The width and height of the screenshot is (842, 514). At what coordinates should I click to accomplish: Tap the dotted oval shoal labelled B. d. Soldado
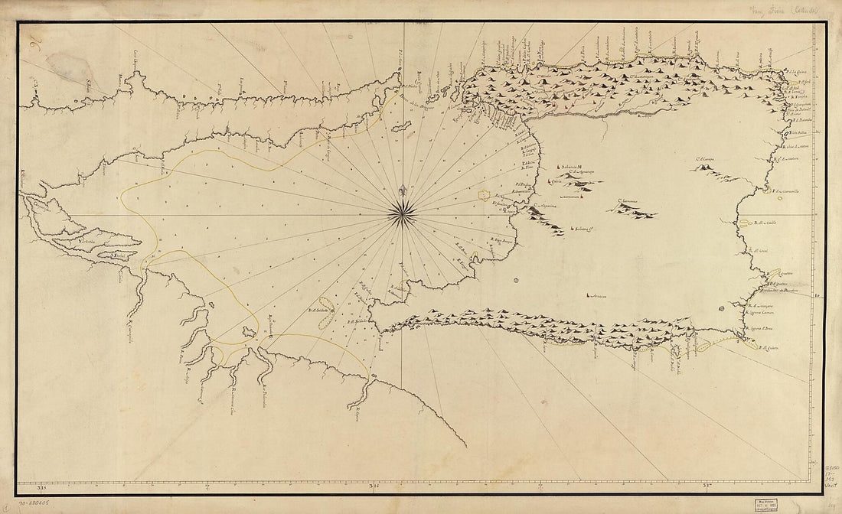325,314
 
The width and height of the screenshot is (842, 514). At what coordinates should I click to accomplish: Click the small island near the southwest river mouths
248,332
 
